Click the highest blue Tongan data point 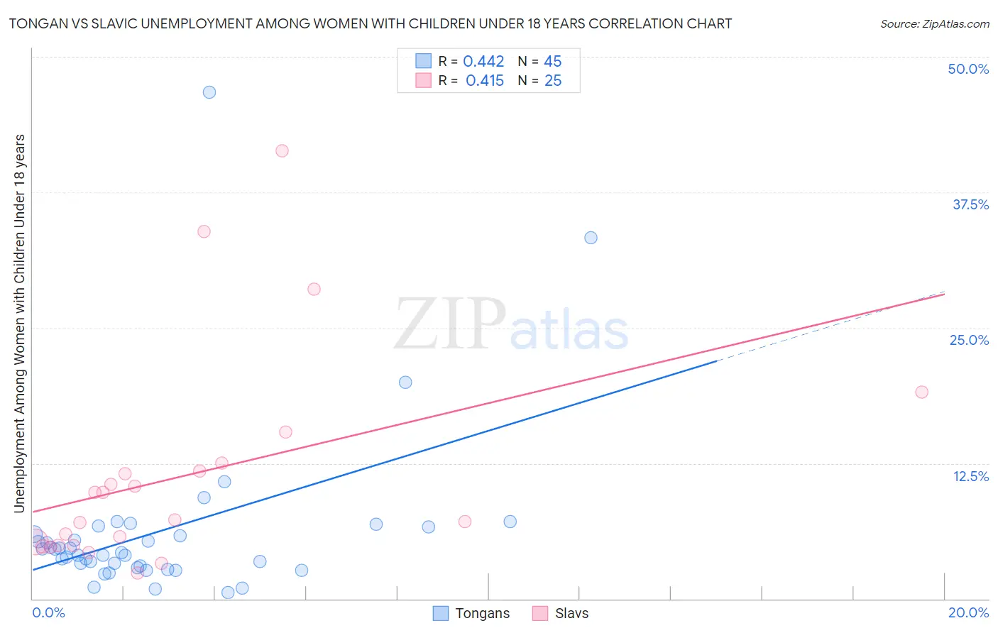(209, 92)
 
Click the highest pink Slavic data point (282, 150)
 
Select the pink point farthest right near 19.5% (921, 392)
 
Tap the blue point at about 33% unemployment (591, 238)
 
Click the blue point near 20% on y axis (405, 382)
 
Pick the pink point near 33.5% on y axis (204, 231)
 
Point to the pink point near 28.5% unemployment (314, 289)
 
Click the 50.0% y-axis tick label (968, 69)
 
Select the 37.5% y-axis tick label (970, 204)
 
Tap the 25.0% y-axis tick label (969, 340)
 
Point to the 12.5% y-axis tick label (970, 476)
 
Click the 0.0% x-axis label (48, 612)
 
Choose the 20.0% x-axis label (968, 612)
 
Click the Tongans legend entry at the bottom (482, 614)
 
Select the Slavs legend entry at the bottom (571, 614)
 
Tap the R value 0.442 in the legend (483, 62)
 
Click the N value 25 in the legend (553, 81)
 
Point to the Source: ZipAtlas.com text (934, 24)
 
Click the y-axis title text (19, 323)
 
